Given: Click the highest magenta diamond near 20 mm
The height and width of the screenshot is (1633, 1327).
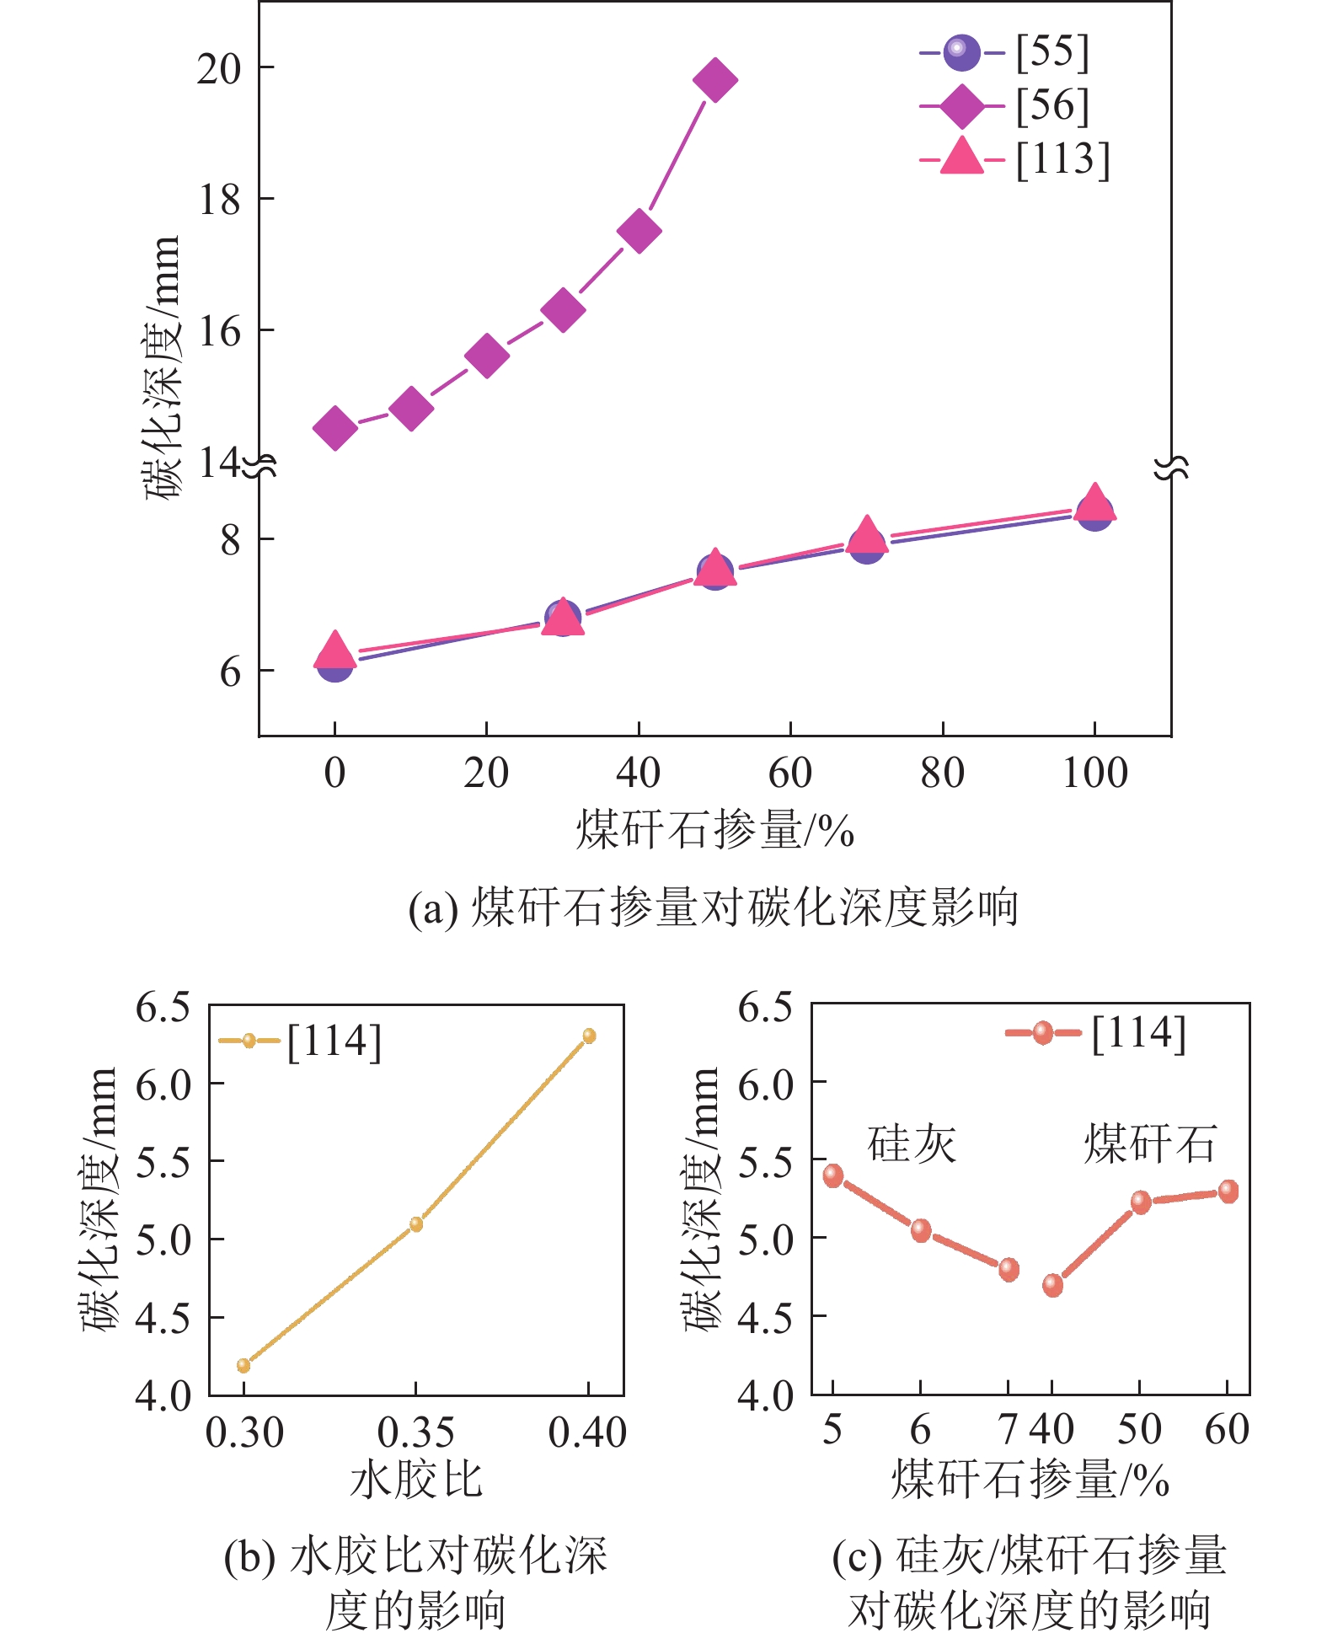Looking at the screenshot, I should point(714,81).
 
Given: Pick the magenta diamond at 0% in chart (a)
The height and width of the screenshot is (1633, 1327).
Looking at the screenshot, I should point(334,428).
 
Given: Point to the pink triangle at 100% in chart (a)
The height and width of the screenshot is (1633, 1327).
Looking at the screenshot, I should point(1094,502).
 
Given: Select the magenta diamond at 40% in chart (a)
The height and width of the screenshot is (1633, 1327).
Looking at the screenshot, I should point(639,232).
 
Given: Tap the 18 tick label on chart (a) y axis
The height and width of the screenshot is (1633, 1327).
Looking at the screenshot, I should point(218,200).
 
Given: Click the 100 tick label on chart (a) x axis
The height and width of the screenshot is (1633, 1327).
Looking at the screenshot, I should point(1094,773).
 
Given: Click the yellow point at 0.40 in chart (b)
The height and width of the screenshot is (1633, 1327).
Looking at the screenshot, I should point(589,1036).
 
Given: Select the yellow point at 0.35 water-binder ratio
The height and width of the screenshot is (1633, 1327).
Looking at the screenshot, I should point(416,1224).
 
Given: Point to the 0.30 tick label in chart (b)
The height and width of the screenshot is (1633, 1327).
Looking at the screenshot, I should point(244,1433).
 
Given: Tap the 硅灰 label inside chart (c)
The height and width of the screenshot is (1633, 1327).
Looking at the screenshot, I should point(912,1143).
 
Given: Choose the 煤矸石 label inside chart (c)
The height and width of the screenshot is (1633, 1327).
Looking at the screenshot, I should point(1150,1143).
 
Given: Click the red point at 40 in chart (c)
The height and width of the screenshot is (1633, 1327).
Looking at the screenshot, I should point(1052,1285).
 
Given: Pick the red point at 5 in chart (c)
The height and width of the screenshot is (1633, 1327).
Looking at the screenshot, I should point(833,1175).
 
